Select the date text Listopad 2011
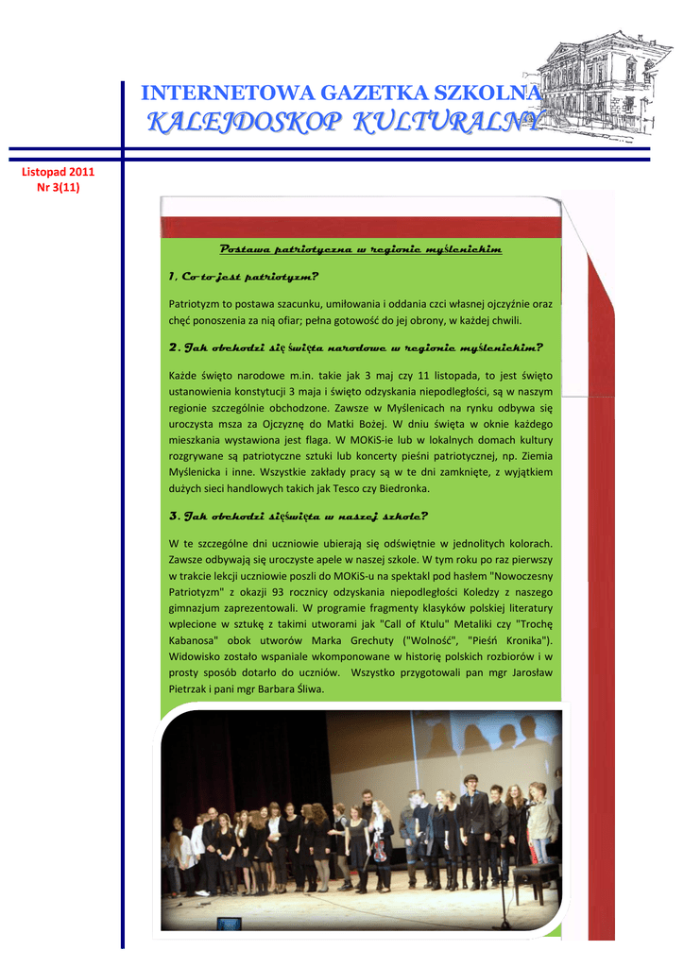[x=58, y=172]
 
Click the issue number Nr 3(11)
[x=58, y=187]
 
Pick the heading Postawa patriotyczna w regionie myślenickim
[x=360, y=249]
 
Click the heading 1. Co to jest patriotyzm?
[x=243, y=277]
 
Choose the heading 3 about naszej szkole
[x=298, y=516]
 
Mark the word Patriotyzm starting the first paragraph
[x=196, y=304]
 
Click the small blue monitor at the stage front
[x=229, y=923]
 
